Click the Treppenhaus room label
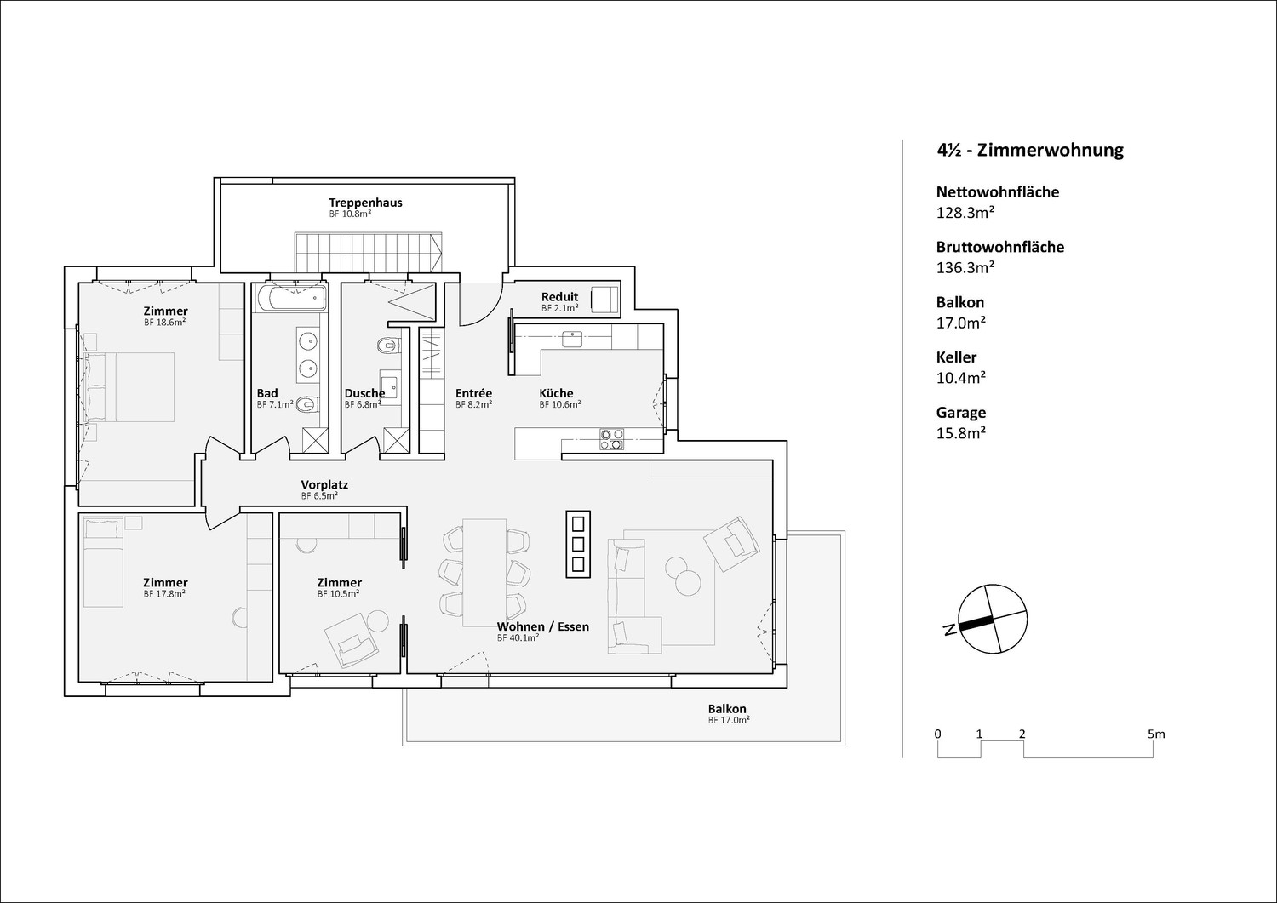pyautogui.click(x=365, y=203)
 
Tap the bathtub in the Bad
pyautogui.click(x=291, y=298)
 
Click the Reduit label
pyautogui.click(x=559, y=296)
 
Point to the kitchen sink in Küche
pyautogui.click(x=572, y=339)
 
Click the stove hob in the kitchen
pyautogui.click(x=611, y=438)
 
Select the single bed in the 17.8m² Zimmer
pyautogui.click(x=103, y=562)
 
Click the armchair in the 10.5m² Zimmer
pyautogui.click(x=351, y=640)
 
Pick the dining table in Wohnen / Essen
pyautogui.click(x=484, y=572)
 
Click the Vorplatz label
pyautogui.click(x=324, y=484)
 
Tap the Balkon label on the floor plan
pyautogui.click(x=727, y=709)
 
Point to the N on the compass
pyautogui.click(x=949, y=629)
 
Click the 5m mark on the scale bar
pyautogui.click(x=1156, y=734)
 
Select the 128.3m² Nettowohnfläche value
pyautogui.click(x=965, y=213)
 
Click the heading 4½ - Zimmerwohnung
pyautogui.click(x=1030, y=150)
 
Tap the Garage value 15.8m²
pyautogui.click(x=961, y=432)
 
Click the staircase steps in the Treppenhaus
pyautogui.click(x=369, y=253)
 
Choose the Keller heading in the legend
pyautogui.click(x=956, y=357)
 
